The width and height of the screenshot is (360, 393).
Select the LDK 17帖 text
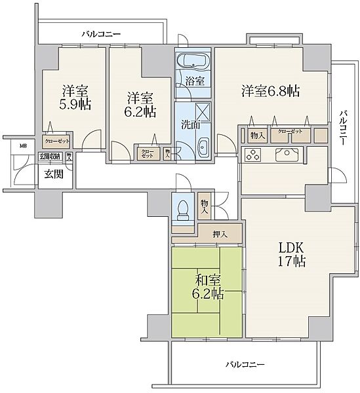289,255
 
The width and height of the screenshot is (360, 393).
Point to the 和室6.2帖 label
206,288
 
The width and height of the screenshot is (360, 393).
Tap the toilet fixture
183,209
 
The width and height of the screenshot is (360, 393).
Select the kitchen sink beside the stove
288,156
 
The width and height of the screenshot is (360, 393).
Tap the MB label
23,146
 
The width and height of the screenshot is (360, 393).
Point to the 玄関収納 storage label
49,156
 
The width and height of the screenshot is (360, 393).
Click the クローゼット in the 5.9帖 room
56,140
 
